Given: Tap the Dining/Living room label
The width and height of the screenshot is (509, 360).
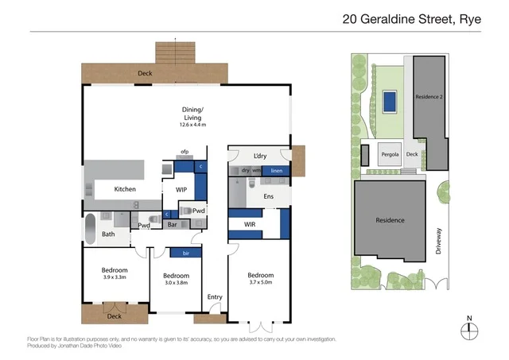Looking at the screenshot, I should [x=192, y=114].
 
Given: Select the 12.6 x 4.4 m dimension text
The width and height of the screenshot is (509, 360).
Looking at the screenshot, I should [x=192, y=125].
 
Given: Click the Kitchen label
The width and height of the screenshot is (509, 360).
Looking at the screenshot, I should [x=125, y=189].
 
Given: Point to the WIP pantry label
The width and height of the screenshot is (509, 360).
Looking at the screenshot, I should [x=181, y=190].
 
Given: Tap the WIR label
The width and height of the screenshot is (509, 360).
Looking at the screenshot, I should [x=249, y=225].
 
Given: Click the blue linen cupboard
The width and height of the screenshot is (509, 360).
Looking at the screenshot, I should [x=276, y=171].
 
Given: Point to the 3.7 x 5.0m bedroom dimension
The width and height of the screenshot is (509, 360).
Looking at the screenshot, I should [x=259, y=281].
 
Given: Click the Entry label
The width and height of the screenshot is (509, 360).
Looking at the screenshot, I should [x=215, y=296].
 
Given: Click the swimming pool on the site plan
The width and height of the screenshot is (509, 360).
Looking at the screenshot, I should [x=389, y=101].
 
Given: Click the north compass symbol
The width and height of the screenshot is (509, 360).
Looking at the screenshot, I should [x=469, y=331].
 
